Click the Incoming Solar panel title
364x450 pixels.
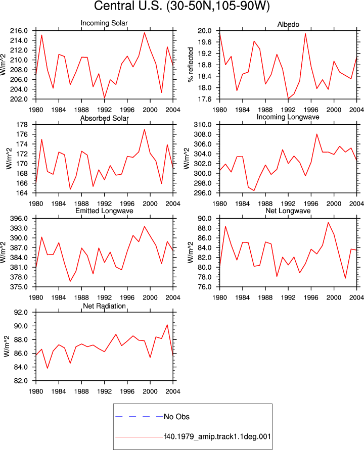(x=104, y=23)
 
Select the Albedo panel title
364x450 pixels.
(x=288, y=24)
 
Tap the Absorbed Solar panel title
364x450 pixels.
(x=104, y=118)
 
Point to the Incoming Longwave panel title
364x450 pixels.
(x=288, y=117)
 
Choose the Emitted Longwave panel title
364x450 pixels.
(x=104, y=211)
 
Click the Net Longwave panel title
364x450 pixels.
(x=288, y=211)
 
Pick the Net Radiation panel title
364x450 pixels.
(x=104, y=306)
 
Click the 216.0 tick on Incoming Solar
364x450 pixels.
(x=19, y=31)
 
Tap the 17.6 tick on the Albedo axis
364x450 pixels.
(x=204, y=99)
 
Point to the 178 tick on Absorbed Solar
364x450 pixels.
(x=22, y=125)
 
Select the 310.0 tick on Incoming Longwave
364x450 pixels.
(x=203, y=125)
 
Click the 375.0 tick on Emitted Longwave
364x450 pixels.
(x=19, y=287)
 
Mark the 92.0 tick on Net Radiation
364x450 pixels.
(x=21, y=312)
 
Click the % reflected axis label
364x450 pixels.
(x=191, y=65)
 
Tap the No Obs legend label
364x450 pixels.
(x=176, y=417)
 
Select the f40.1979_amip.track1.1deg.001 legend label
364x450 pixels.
(x=217, y=437)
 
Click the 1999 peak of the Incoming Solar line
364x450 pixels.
(x=144, y=33)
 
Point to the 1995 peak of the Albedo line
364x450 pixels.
(x=305, y=33)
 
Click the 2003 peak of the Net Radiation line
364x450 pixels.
(x=167, y=325)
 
